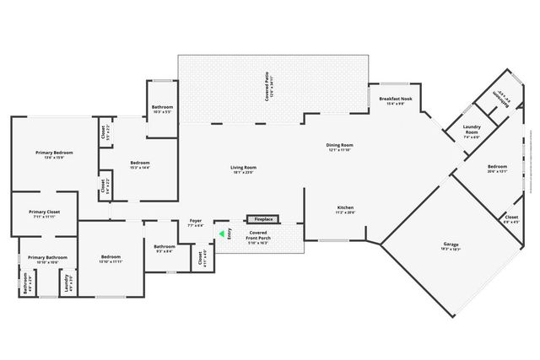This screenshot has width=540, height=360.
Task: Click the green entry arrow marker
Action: [x=223, y=234]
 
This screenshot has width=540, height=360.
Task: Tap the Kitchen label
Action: [x=345, y=210]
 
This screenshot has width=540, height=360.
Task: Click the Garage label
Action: [x=451, y=247]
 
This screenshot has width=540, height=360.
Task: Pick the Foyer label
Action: [x=195, y=223]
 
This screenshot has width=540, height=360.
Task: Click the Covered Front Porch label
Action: [x=259, y=235]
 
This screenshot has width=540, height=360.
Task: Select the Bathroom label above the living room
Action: [x=162, y=109]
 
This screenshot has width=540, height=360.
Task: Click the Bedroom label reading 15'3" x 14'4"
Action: [x=140, y=164]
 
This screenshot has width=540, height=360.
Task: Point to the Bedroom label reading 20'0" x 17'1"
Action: [x=497, y=169]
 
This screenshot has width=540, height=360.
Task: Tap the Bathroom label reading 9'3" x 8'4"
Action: [x=164, y=249]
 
